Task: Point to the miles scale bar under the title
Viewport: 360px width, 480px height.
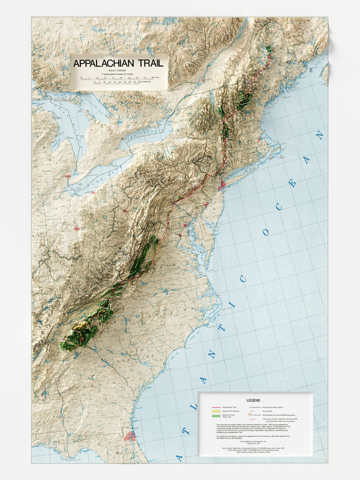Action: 117,77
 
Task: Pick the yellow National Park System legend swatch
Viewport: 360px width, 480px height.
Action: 217,413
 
